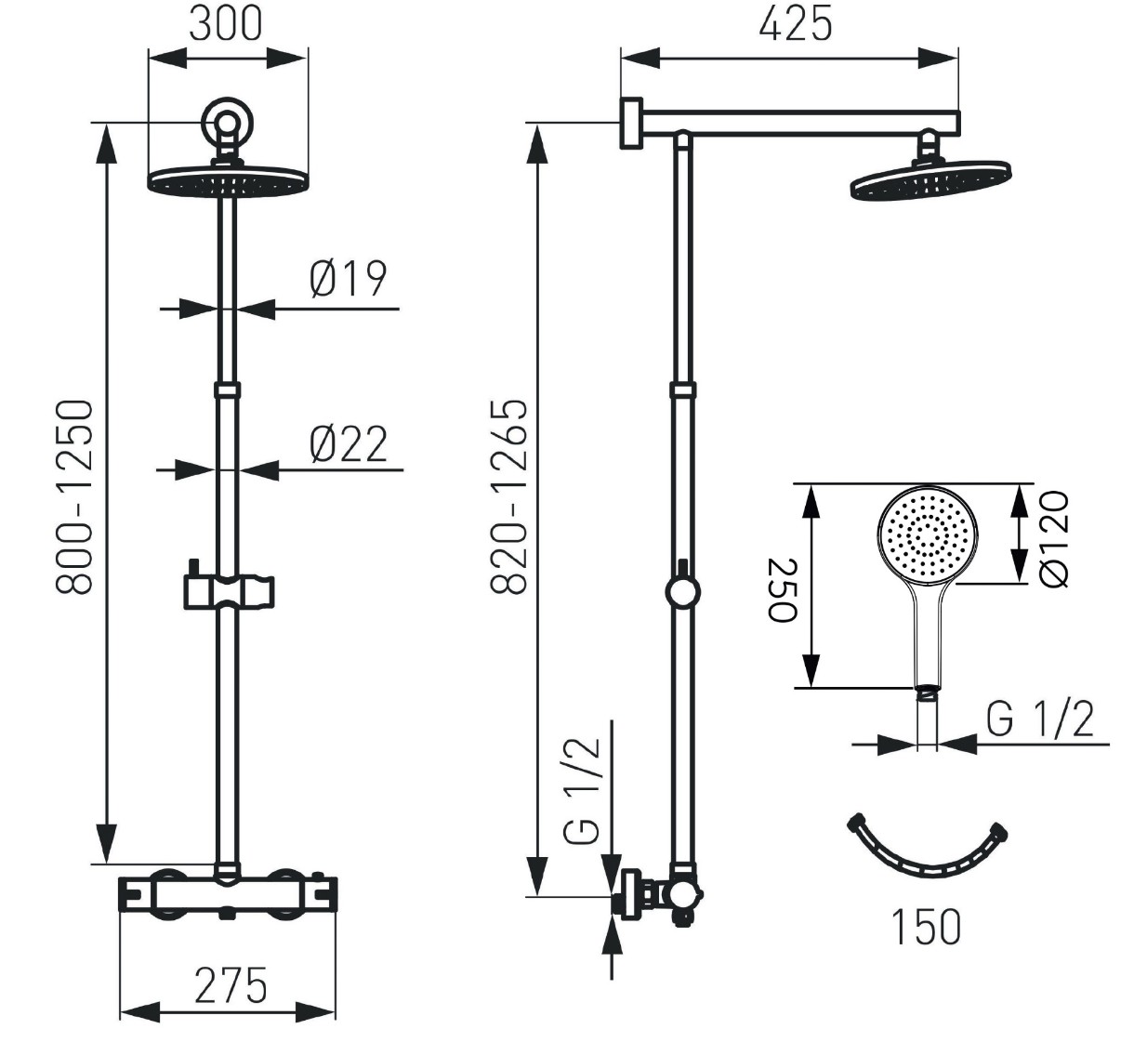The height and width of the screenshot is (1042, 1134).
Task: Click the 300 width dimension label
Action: pyautogui.click(x=226, y=24)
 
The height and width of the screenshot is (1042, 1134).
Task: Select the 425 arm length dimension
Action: pyautogui.click(x=796, y=24)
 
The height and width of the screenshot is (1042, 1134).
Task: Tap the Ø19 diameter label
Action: pyautogui.click(x=349, y=278)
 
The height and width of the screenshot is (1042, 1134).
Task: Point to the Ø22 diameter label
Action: pyautogui.click(x=349, y=443)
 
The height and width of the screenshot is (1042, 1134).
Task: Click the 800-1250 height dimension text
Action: pyautogui.click(x=74, y=497)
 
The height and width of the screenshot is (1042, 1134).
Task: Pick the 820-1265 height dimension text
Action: pyautogui.click(x=508, y=496)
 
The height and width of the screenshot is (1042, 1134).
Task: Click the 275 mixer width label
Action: pyautogui.click(x=231, y=985)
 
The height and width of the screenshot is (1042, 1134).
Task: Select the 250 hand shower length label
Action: pyautogui.click(x=783, y=589)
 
